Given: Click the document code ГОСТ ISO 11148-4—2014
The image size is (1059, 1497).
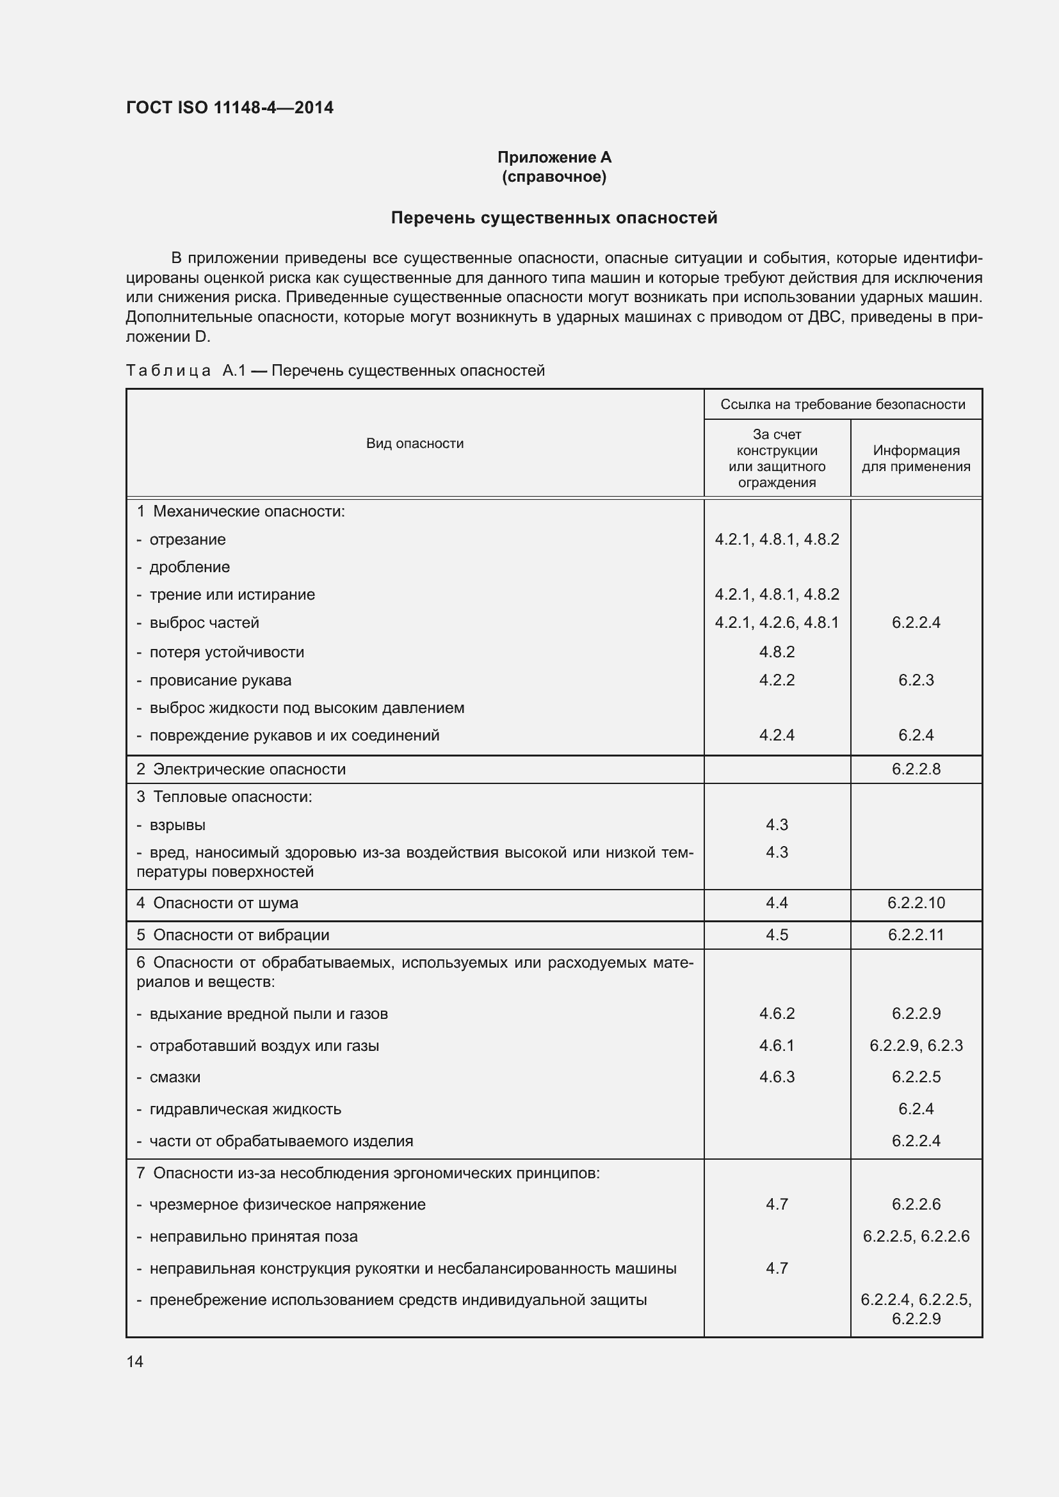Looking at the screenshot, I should (x=230, y=108).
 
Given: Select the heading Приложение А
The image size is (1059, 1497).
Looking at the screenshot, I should (x=554, y=157).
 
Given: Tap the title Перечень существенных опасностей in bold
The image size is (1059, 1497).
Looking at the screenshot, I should (x=554, y=218).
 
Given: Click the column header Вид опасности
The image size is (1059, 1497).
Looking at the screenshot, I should (x=415, y=444).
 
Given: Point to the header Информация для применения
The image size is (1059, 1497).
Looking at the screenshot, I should (x=916, y=458).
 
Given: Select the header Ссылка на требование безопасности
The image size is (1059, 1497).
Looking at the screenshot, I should (x=843, y=404).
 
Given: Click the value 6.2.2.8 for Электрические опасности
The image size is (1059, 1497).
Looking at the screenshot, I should (x=916, y=769).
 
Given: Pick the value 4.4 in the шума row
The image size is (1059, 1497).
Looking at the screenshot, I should (x=777, y=903).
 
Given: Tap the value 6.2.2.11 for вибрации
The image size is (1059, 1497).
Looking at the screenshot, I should (x=916, y=935).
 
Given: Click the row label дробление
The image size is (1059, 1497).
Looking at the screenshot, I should (x=189, y=567).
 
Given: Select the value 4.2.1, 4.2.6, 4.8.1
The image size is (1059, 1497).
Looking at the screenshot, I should (x=777, y=623).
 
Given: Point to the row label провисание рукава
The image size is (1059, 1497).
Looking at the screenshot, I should (x=220, y=681).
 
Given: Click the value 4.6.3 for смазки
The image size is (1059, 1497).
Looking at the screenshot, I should (x=777, y=1077).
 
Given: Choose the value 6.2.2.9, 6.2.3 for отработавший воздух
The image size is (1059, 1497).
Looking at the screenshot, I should (x=916, y=1046).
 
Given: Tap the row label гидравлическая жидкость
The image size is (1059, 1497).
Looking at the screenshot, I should (x=245, y=1109).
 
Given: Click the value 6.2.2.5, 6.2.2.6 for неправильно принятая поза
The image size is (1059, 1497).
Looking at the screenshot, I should (x=916, y=1237).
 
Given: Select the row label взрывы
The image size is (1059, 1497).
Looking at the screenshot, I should (x=177, y=826).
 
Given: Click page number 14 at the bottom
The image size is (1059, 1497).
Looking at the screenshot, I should (x=135, y=1361).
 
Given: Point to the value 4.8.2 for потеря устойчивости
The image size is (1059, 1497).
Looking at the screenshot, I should (x=777, y=652).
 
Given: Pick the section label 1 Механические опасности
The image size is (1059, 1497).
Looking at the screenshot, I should (x=241, y=511).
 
